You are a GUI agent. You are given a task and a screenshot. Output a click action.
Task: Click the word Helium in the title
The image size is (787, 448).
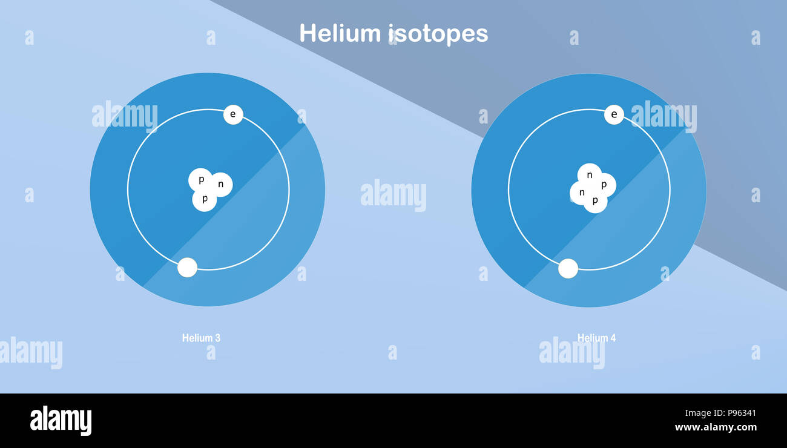tap(340, 33)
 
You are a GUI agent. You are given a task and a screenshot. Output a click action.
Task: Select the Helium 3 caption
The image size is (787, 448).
tap(201, 338)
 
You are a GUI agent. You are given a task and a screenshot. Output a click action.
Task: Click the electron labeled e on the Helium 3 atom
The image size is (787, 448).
tap(233, 114)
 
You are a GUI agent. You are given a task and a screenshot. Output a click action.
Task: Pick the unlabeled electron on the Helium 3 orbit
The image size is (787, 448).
tap(187, 268)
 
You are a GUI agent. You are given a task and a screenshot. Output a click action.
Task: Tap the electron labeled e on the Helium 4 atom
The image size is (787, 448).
tap(614, 114)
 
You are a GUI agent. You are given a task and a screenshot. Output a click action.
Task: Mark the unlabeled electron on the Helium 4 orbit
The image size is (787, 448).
tap(568, 268)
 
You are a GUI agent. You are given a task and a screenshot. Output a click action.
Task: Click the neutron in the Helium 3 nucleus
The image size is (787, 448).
tap(222, 185)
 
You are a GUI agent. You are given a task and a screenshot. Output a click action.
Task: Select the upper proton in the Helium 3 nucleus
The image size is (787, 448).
tap(200, 180)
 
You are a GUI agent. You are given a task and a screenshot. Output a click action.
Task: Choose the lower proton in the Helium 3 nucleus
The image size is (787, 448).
tap(205, 199)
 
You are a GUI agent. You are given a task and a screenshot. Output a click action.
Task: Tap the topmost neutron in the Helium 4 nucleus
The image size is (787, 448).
tap(589, 176)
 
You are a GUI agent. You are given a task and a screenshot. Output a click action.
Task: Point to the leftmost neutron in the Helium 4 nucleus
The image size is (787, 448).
tap(581, 193)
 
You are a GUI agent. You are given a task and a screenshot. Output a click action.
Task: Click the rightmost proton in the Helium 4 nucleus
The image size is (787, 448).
tap(604, 185)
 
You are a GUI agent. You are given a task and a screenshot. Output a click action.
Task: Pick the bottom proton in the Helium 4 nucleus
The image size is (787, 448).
tap(595, 201)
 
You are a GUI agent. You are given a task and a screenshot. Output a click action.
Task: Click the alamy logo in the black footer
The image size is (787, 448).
tap(61, 421)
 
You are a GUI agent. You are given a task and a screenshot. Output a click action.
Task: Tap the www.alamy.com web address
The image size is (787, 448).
tap(716, 427)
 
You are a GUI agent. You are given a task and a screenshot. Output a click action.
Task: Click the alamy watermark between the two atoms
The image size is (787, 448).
tap(393, 195)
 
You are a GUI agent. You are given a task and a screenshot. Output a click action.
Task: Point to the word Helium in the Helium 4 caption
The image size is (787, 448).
tap(591, 338)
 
